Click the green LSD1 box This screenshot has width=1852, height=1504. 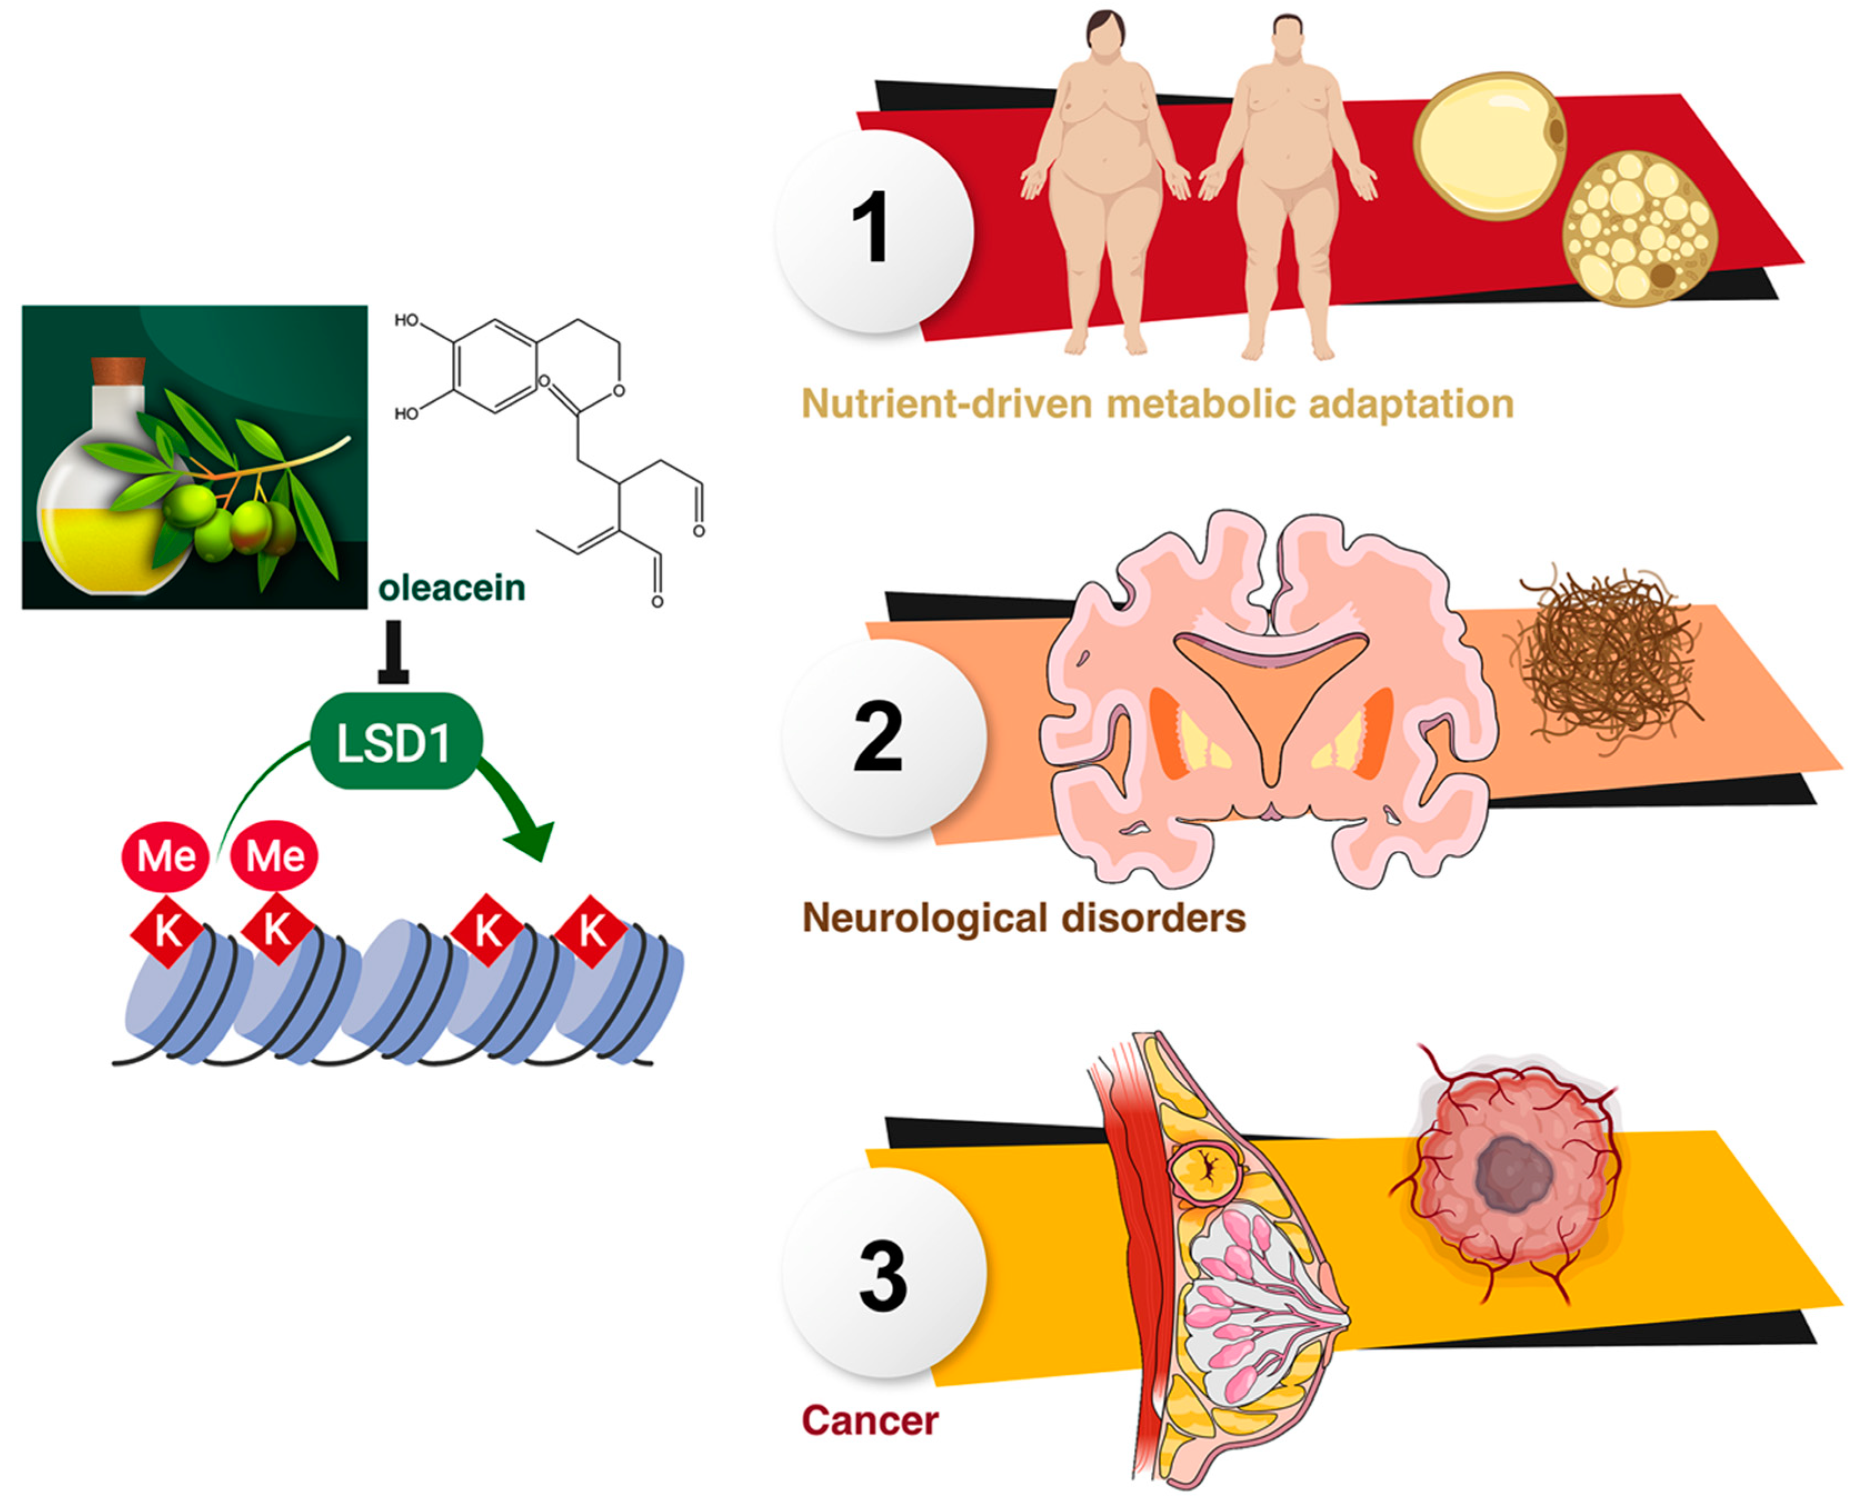pyautogui.click(x=395, y=741)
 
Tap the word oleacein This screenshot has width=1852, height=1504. pyautogui.click(x=451, y=588)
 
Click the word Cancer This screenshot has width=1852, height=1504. pyautogui.click(x=869, y=1421)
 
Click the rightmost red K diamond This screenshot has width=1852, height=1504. pyautogui.click(x=592, y=932)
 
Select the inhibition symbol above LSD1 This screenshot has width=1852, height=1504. pyautogui.click(x=393, y=654)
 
